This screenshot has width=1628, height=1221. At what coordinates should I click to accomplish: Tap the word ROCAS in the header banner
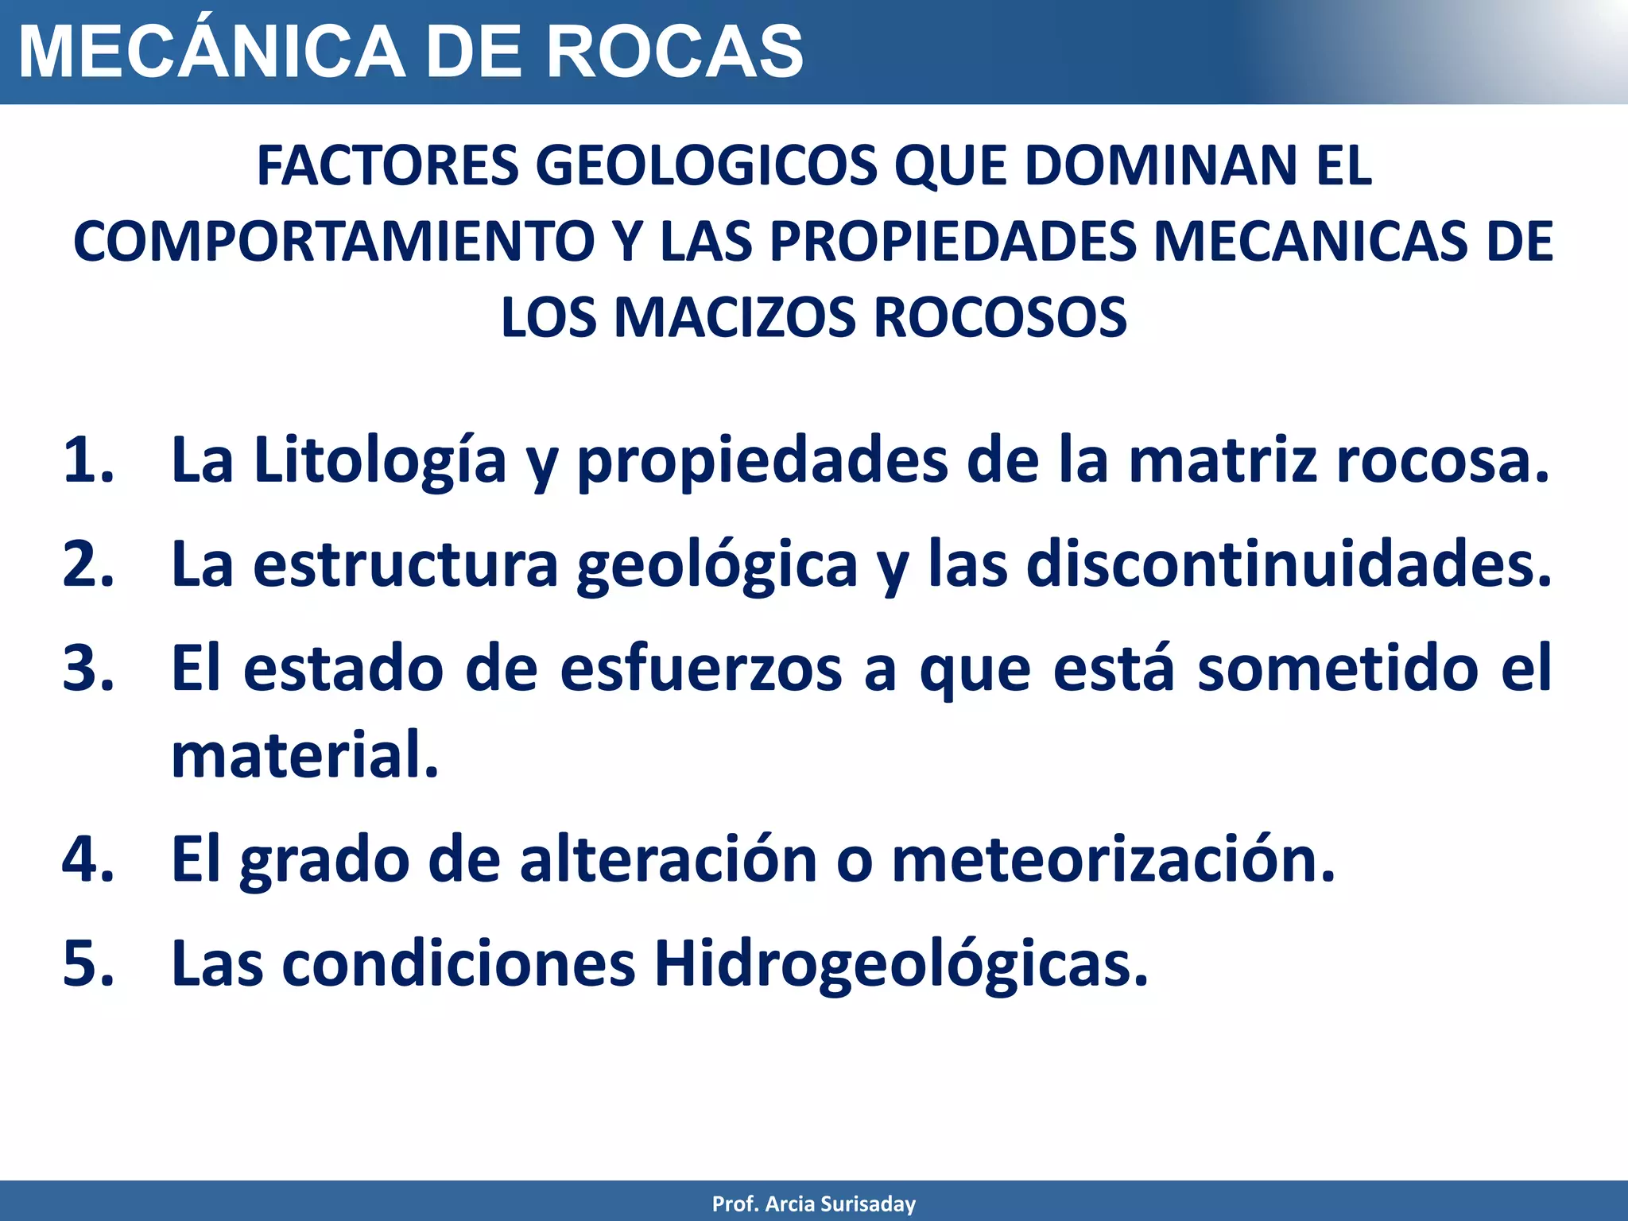tap(675, 52)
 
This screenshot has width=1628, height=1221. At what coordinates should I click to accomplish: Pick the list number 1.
tap(87, 460)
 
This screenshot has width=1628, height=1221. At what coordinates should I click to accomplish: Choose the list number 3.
tap(87, 669)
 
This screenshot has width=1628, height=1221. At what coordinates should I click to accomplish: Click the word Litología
tap(380, 460)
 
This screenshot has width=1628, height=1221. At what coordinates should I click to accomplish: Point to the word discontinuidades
tap(1288, 564)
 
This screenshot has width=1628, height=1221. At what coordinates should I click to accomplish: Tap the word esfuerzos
tap(700, 669)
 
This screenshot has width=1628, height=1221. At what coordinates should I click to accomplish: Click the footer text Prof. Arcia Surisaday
tap(814, 1204)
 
